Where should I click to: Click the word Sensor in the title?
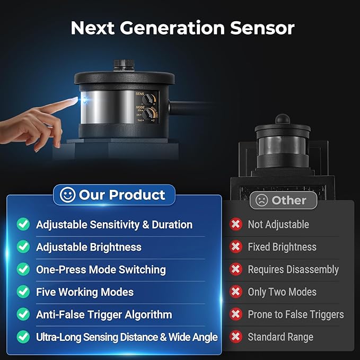[262, 28]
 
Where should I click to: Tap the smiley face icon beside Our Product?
[67, 195]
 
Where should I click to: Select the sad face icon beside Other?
[261, 200]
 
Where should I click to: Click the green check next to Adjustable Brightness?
[23, 247]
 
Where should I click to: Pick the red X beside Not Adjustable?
[236, 224]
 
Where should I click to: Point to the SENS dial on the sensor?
[147, 99]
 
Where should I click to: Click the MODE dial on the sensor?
[148, 114]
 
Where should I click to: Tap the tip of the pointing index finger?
[77, 99]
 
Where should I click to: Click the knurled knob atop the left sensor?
[124, 65]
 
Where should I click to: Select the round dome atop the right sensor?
[283, 119]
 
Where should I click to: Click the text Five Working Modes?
[85, 292]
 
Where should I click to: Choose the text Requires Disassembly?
[293, 269]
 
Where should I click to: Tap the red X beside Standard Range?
[236, 337]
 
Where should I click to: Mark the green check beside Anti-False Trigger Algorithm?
[23, 314]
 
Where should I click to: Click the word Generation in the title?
[172, 28]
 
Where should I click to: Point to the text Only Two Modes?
[282, 292]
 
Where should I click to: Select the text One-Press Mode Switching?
[101, 269]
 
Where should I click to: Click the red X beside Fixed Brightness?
[236, 247]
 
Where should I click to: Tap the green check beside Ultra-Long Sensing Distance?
[23, 337]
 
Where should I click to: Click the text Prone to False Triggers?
[296, 314]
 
